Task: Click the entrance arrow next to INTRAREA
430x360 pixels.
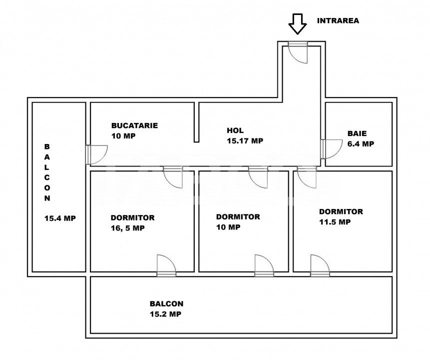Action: (x=297, y=24)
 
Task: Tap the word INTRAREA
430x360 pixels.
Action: (x=338, y=21)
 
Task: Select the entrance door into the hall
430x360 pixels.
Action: (x=298, y=52)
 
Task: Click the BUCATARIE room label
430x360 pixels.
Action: (x=134, y=125)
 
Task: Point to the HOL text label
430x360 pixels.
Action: (x=235, y=130)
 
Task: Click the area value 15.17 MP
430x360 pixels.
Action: (x=245, y=141)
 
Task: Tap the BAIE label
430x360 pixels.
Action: (x=357, y=133)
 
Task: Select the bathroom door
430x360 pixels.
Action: (x=331, y=149)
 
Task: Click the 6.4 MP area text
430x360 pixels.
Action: (x=361, y=144)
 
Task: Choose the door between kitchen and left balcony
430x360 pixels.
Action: (x=96, y=155)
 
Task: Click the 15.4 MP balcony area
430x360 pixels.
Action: (x=60, y=218)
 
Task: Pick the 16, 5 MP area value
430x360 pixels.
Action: (x=127, y=228)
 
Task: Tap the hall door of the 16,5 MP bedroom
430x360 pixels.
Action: (x=173, y=177)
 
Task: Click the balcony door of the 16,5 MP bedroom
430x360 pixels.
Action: (x=166, y=265)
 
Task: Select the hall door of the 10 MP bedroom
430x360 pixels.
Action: (x=258, y=177)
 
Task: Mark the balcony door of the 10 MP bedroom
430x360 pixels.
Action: (x=264, y=265)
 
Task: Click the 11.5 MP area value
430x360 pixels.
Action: (x=335, y=222)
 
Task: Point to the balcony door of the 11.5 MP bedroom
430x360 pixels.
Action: (x=320, y=265)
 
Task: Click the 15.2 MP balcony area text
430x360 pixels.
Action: (x=165, y=314)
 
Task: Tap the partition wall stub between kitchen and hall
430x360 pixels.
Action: (x=196, y=122)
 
